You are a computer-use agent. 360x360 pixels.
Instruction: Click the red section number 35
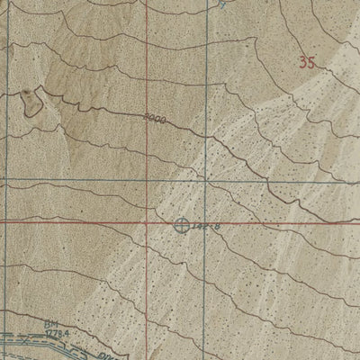[x=309, y=62]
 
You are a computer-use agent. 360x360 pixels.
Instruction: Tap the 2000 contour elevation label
[x=155, y=118]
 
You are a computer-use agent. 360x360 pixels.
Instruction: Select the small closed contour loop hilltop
[x=31, y=101]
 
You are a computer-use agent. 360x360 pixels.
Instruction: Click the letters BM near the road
[x=49, y=323]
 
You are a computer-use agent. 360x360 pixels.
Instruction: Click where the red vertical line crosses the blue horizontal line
[x=145, y=178]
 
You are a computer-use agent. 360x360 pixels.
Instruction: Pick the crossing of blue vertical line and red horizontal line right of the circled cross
[x=206, y=221]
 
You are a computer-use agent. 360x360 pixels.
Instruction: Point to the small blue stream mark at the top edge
[x=224, y=4]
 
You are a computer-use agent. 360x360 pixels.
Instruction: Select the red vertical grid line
[x=145, y=54]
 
